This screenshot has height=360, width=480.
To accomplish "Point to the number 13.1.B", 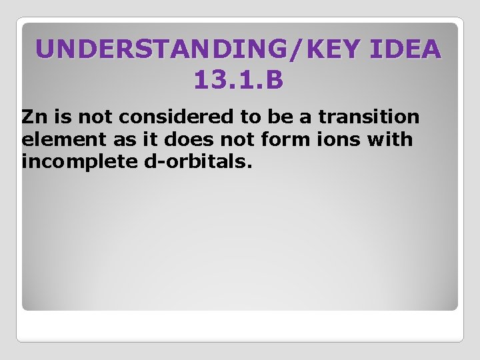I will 239,81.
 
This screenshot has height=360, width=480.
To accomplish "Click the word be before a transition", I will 281,117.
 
